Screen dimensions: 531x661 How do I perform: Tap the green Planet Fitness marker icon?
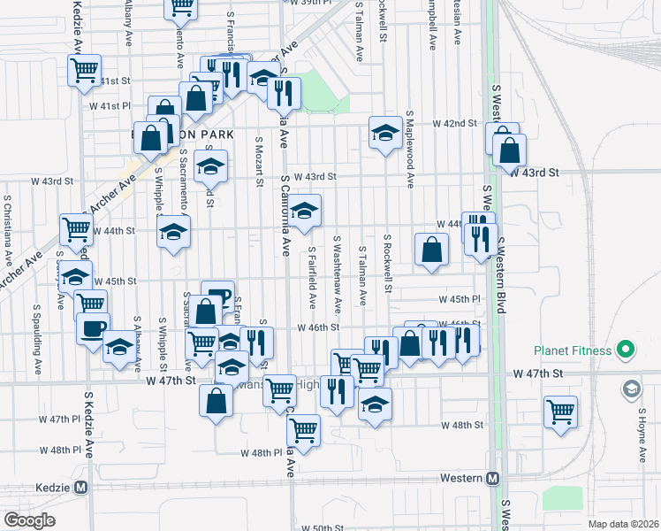click(x=627, y=350)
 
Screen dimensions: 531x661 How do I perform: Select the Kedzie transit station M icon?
click(x=81, y=487)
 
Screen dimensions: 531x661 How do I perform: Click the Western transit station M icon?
click(x=493, y=479)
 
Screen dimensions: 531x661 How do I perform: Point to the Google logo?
click(x=29, y=520)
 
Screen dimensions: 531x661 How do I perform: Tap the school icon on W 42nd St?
click(x=384, y=133)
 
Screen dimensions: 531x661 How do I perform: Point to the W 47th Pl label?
click(x=59, y=419)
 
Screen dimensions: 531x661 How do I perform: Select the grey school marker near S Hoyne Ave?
click(x=632, y=389)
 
